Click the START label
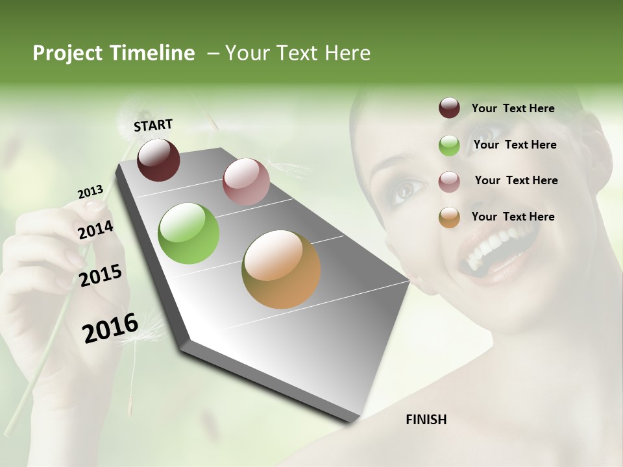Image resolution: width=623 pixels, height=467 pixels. click(153, 125)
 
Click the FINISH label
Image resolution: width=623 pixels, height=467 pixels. click(426, 420)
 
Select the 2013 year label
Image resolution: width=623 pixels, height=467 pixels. click(90, 192)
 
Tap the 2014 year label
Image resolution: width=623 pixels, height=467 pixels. click(95, 230)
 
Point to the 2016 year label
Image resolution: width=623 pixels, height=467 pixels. click(110, 328)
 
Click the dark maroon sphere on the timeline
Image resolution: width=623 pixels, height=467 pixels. click(158, 160)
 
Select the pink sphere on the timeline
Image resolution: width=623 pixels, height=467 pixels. click(246, 182)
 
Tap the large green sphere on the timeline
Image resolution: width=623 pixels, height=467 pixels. click(189, 233)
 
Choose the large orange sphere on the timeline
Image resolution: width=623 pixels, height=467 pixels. click(281, 269)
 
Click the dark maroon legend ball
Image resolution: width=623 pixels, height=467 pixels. click(449, 108)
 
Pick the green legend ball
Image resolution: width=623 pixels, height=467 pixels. click(449, 145)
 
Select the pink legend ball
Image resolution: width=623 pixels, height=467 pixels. click(449, 181)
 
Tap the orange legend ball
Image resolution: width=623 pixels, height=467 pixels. click(449, 217)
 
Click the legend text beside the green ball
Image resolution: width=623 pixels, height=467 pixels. click(515, 145)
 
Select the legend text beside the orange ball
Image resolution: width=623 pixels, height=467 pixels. click(513, 217)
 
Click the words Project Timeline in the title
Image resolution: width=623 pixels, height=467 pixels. click(114, 53)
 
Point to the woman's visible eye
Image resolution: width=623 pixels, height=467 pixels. click(406, 189)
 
